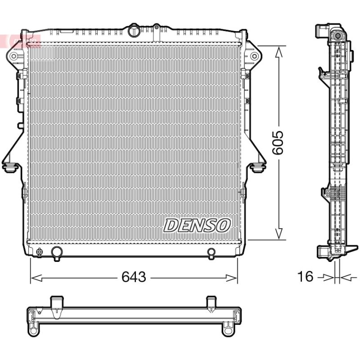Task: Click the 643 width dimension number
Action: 134,277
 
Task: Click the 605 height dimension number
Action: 278,143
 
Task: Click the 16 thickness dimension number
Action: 305,276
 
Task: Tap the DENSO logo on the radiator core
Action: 197,225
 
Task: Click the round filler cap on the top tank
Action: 133,31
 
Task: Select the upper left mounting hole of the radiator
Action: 13,56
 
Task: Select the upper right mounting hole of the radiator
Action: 254,56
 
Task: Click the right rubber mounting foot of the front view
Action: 257,167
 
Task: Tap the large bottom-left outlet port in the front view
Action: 57,253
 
